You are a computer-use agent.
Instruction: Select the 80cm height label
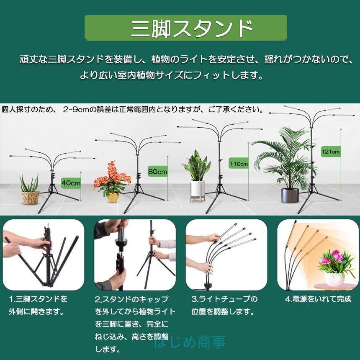click(157, 171)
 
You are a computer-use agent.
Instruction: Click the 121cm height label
click(330, 151)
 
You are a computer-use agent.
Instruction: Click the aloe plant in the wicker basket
click(29, 184)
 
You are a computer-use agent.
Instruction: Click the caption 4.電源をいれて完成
click(318, 299)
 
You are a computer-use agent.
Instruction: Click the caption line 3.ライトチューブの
click(224, 299)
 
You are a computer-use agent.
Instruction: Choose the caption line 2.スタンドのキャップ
click(131, 299)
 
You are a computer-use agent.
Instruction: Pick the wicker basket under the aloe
click(30, 198)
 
